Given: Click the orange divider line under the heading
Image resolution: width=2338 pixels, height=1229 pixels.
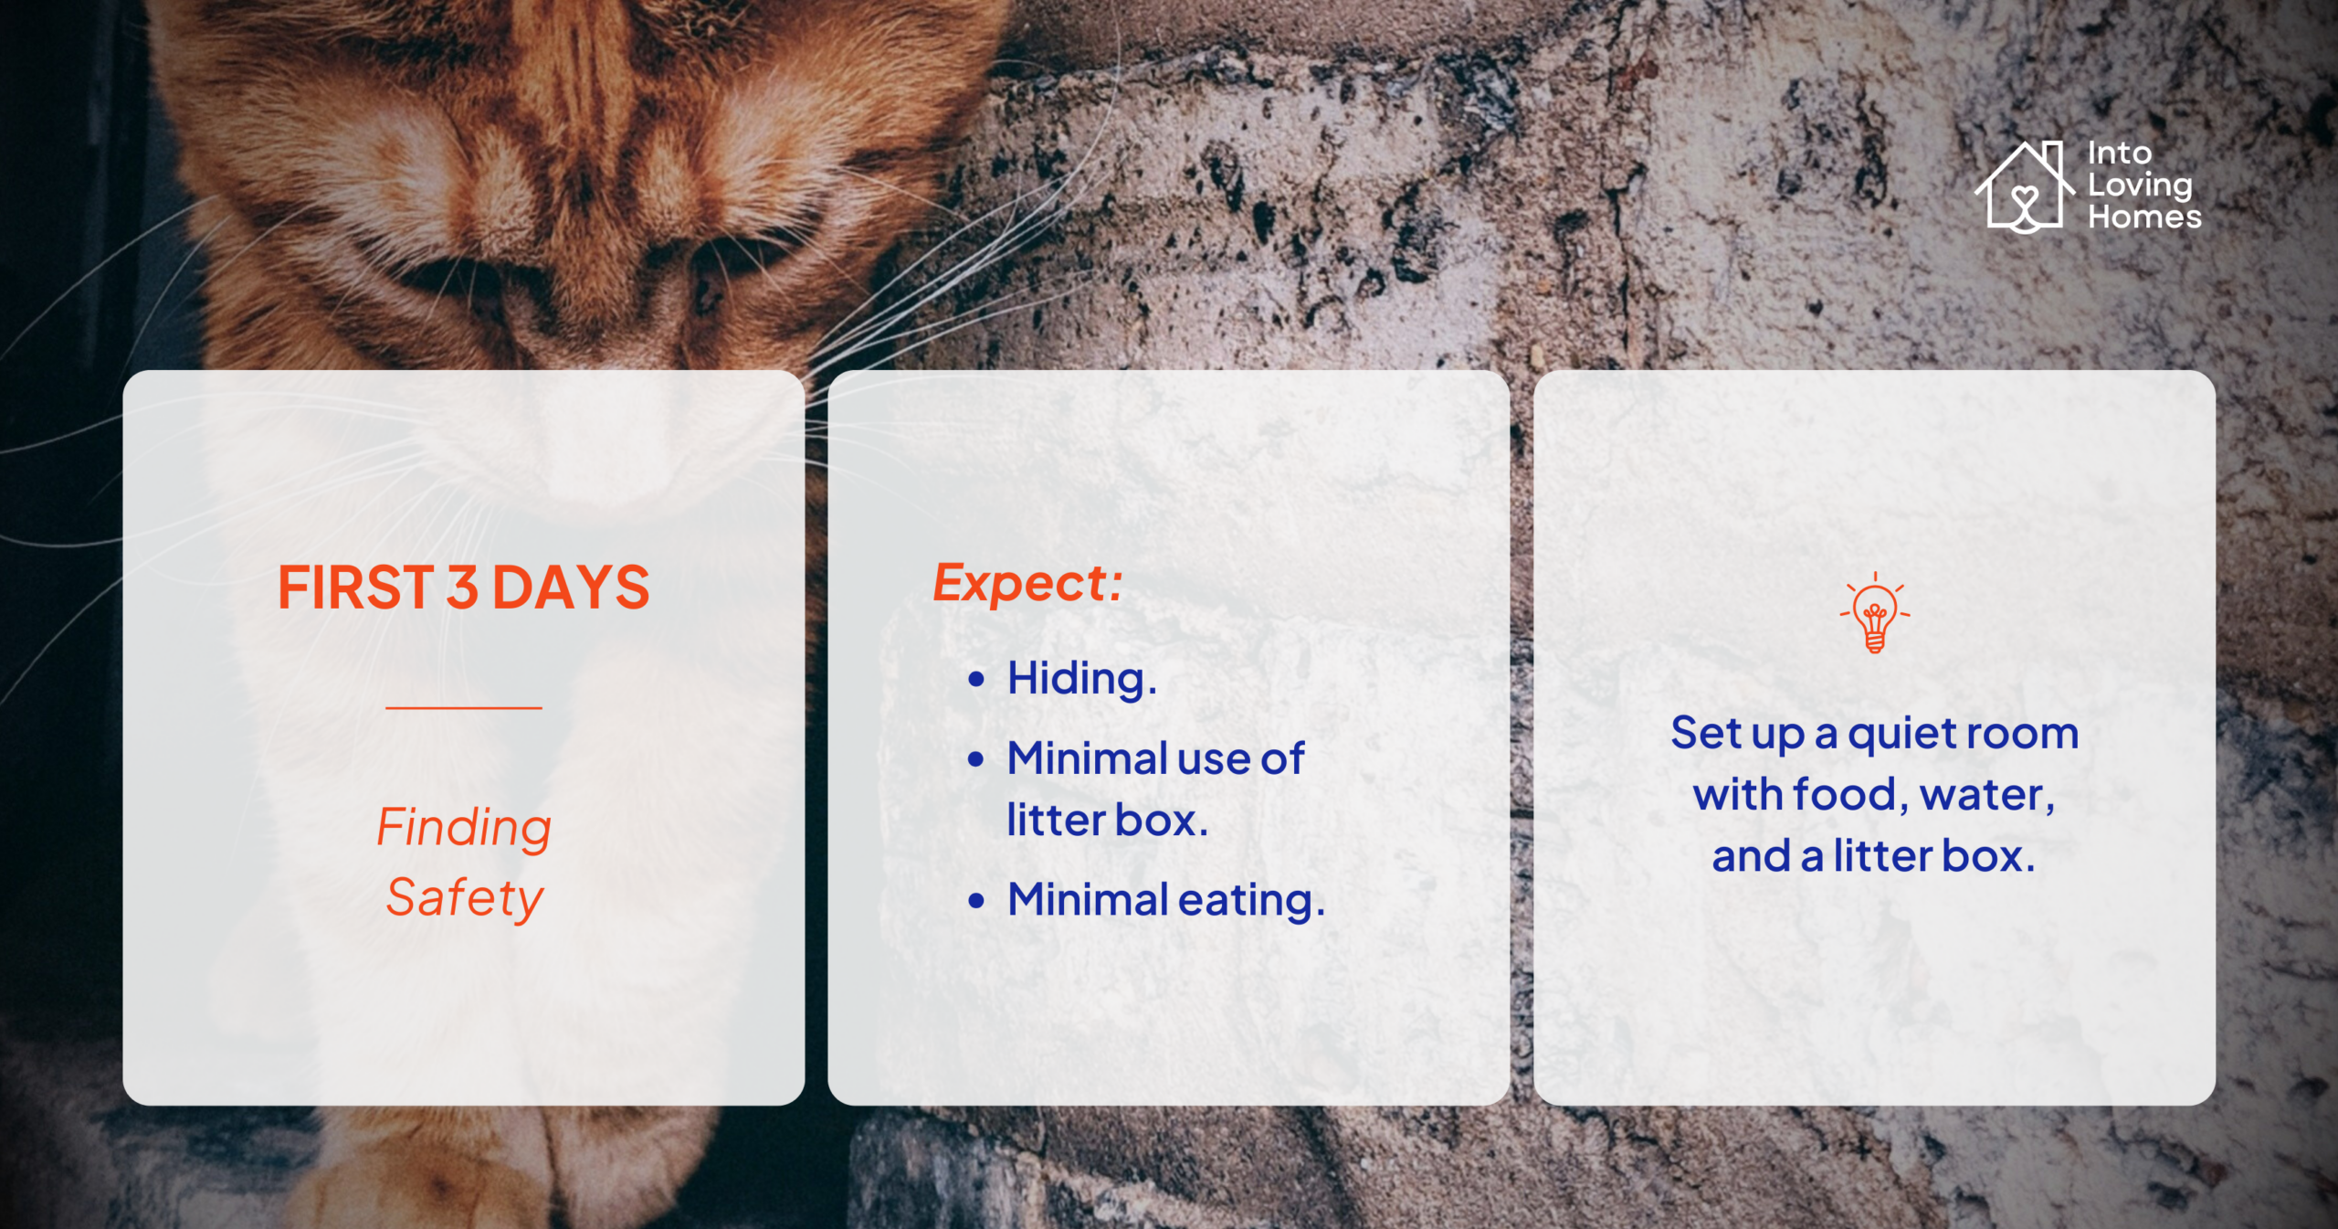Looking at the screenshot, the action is [464, 707].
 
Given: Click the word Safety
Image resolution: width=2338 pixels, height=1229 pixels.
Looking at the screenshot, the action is [464, 899].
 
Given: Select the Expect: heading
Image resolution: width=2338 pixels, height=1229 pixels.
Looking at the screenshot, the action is [1027, 584].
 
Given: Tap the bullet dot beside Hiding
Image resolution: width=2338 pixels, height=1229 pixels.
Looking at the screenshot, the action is [976, 679].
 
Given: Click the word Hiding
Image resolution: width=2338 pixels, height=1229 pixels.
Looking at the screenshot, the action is [1081, 680].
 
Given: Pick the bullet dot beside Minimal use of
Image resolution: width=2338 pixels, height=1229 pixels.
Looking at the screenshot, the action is [976, 758].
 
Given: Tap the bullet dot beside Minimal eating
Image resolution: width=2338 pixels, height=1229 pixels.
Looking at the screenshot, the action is [976, 900].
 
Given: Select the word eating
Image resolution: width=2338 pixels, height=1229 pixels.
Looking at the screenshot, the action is [1251, 901].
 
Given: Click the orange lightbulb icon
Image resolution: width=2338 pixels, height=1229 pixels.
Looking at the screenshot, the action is [1874, 612].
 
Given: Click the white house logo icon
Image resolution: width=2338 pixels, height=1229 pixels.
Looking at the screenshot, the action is [2025, 187].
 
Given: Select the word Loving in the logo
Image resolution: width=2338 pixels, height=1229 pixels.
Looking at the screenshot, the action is [2140, 186].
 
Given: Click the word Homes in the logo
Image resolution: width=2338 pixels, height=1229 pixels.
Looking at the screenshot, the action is [2144, 217].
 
